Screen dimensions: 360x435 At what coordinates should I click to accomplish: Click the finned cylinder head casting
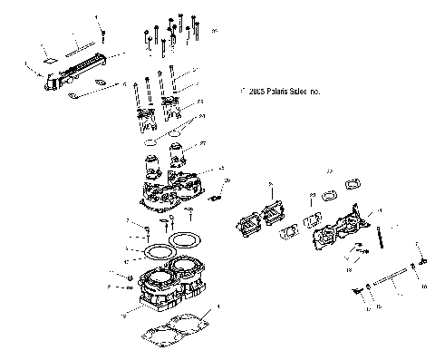(176, 187)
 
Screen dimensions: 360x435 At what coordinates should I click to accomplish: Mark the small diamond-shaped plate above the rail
(50, 55)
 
